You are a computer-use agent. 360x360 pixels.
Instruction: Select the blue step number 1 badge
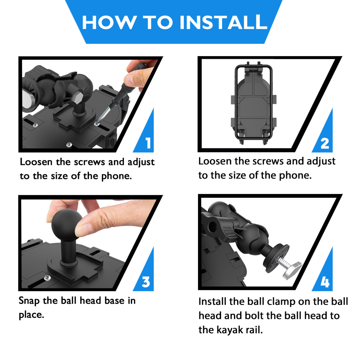pos(148,143)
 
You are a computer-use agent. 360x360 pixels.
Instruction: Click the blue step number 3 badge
pos(146,282)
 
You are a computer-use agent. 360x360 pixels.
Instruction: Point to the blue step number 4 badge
pos(324,282)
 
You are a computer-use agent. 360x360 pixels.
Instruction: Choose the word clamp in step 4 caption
pos(281,301)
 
